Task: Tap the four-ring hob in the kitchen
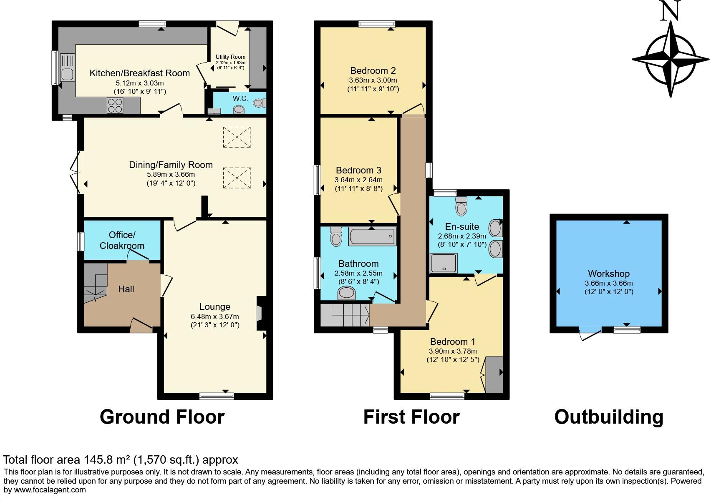tap(115, 105)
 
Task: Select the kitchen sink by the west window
tap(67, 68)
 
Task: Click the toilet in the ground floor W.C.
tap(260, 103)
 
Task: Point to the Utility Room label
tap(230, 57)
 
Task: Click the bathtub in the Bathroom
tap(372, 236)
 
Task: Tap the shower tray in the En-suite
tap(444, 263)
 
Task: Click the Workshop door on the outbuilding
tap(590, 333)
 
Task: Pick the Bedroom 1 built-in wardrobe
tap(494, 375)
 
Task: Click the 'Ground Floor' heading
tap(162, 417)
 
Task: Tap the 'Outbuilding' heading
tap(609, 417)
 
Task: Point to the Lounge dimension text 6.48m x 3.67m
tap(215, 316)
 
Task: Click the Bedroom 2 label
tap(373, 70)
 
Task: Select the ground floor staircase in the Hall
tap(96, 283)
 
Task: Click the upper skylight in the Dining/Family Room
tap(237, 137)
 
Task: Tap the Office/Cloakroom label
tap(122, 240)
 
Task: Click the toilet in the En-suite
tap(461, 206)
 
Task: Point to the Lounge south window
tap(217, 396)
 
